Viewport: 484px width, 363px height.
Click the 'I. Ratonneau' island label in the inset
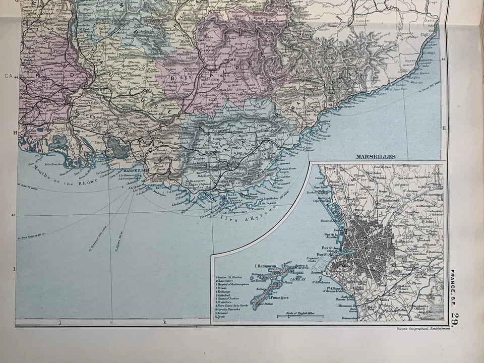267,266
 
